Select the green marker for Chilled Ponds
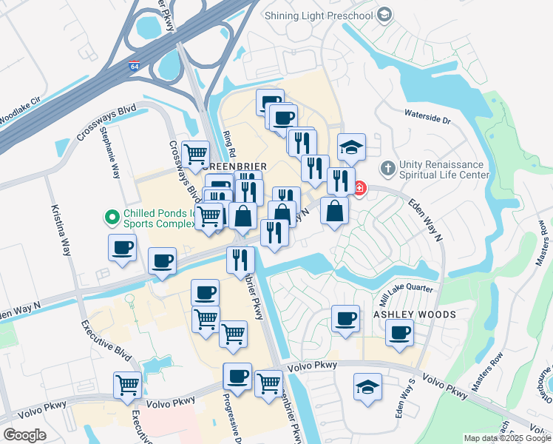tap(112, 218)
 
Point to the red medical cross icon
tap(359, 188)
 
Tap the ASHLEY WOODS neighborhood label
tap(414, 314)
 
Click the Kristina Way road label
tap(61, 230)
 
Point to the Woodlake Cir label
tap(21, 110)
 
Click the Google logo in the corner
tap(24, 435)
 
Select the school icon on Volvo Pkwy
tap(367, 387)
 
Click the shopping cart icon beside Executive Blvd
tap(128, 385)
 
